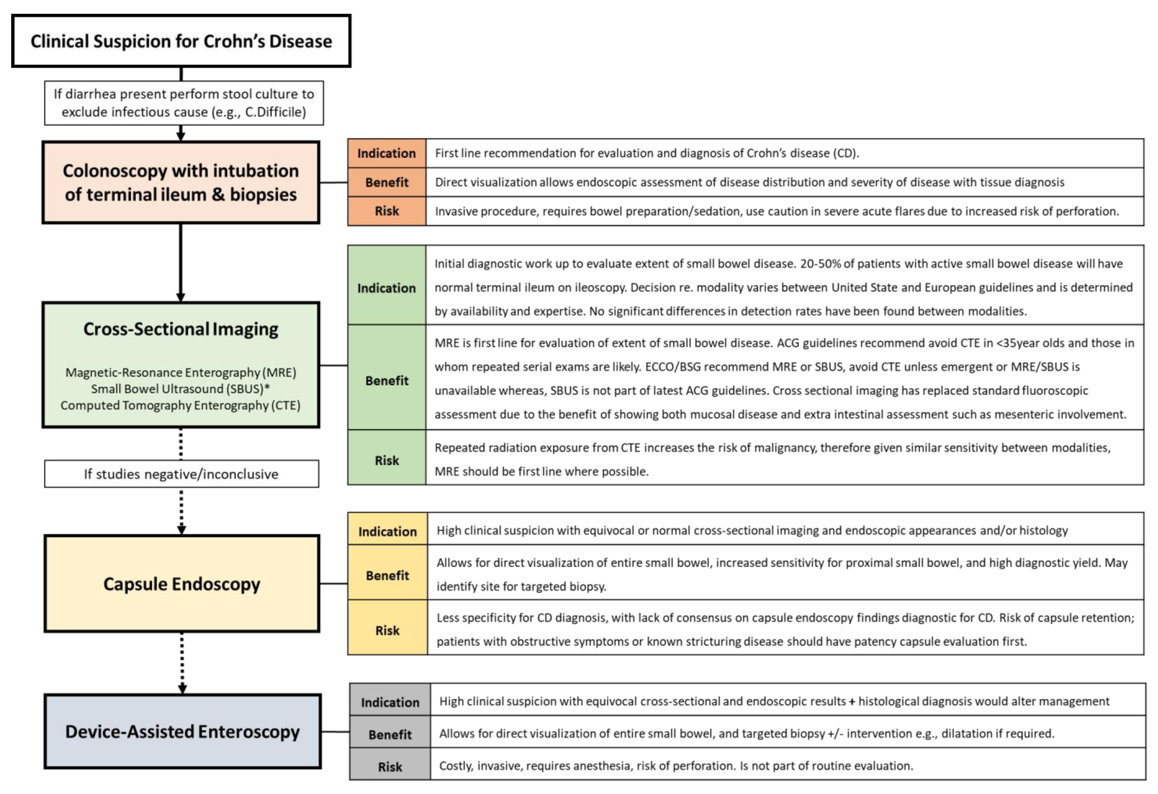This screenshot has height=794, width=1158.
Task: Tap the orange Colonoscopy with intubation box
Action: pyautogui.click(x=180, y=182)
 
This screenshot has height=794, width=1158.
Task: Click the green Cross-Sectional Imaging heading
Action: pyautogui.click(x=180, y=329)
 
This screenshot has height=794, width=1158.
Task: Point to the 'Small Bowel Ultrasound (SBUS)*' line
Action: pyautogui.click(x=180, y=388)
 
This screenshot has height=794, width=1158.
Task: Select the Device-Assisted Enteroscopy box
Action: pyautogui.click(x=182, y=731)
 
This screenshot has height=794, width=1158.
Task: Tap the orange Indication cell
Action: pyautogui.click(x=387, y=153)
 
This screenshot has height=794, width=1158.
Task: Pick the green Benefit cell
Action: pyautogui.click(x=387, y=381)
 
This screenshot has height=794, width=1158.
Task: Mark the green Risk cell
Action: pyautogui.click(x=387, y=460)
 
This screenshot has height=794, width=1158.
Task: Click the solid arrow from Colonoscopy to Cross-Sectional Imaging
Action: pyautogui.click(x=180, y=262)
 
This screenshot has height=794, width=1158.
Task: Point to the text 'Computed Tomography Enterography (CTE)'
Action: pyautogui.click(x=180, y=406)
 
